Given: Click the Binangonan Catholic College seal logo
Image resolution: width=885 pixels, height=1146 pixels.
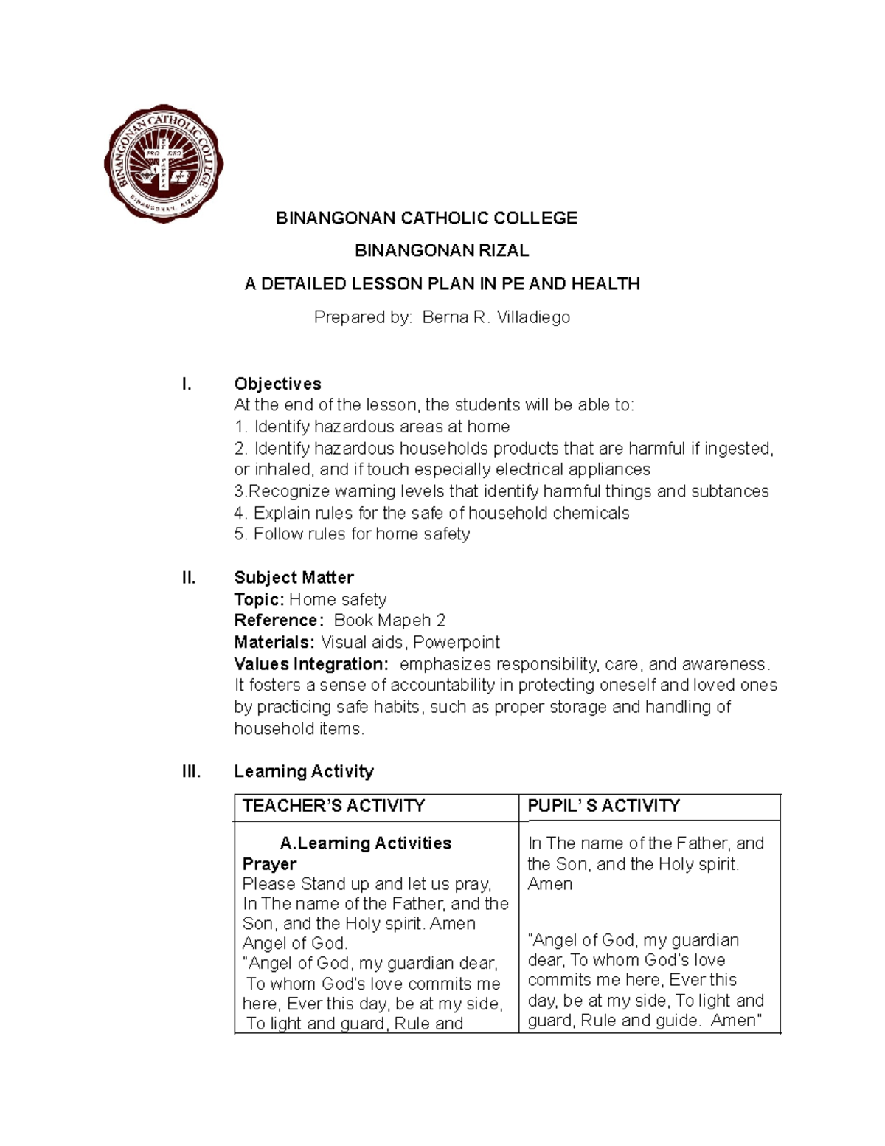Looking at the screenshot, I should [x=163, y=164].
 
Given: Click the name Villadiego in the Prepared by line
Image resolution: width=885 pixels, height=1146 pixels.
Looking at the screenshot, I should [x=533, y=317].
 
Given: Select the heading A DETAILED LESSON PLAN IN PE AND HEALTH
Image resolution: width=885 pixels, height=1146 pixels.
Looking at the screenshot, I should [x=442, y=284].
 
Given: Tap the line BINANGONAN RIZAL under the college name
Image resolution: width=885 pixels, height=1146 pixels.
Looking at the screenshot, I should [x=442, y=251].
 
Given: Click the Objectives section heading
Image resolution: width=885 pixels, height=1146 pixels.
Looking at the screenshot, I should [x=277, y=384].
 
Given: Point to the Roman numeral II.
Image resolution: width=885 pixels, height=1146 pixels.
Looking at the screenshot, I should [x=189, y=578].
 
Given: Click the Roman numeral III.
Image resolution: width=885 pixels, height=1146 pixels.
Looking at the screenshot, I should [x=191, y=772].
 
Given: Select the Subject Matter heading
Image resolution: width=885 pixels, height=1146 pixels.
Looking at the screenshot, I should [x=294, y=578].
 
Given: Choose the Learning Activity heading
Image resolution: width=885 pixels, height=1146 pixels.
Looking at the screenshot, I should [x=303, y=772].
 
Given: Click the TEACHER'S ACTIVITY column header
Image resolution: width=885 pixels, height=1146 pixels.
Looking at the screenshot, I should [x=333, y=806].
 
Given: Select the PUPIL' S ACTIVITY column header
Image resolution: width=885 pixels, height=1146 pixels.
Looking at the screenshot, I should [x=603, y=806].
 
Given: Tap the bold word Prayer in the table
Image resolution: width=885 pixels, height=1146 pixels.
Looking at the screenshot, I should [x=269, y=864].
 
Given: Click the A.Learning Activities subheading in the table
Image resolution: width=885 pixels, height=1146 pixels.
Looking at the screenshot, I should [x=365, y=843].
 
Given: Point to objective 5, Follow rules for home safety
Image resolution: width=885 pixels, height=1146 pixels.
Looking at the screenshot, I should [x=352, y=534].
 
